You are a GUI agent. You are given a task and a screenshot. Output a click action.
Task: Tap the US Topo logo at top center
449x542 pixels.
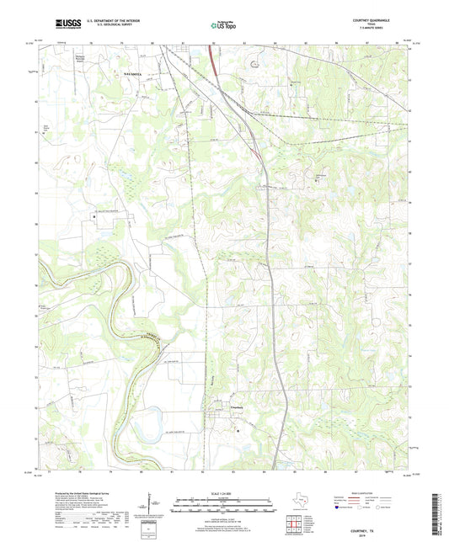(x=223, y=26)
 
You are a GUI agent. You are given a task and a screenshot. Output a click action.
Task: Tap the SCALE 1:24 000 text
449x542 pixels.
(x=223, y=493)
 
